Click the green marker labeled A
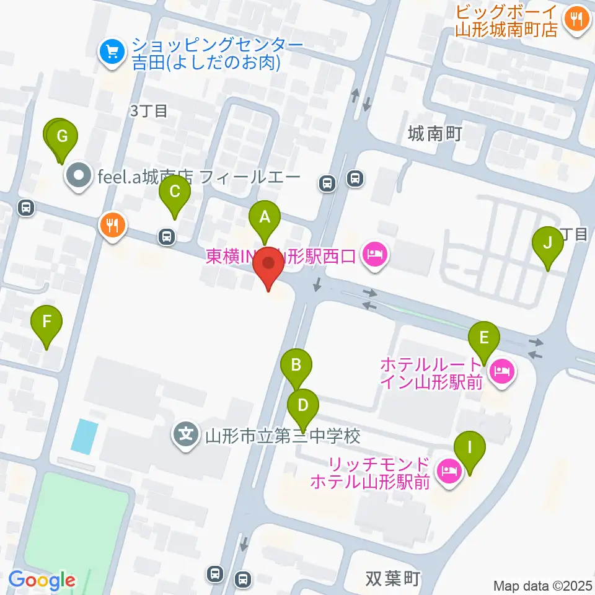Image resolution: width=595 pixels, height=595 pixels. click(265, 218)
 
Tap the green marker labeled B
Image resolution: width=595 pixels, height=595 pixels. click(296, 364)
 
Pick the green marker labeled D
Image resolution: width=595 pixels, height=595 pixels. click(302, 406)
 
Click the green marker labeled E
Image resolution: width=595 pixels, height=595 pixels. click(484, 338)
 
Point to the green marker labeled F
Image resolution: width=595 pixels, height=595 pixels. click(47, 322)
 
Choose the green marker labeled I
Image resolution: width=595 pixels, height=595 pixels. click(469, 447)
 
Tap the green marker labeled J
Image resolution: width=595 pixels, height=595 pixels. click(547, 242)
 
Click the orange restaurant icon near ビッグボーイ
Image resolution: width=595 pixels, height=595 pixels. click(577, 20)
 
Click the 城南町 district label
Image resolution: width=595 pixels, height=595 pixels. click(435, 133)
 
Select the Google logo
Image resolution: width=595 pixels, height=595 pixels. click(42, 581)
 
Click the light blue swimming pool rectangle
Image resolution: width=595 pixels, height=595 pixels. click(85, 435)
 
